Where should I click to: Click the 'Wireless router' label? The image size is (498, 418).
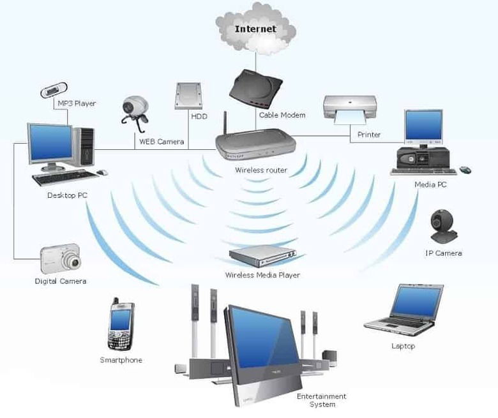tap(260, 170)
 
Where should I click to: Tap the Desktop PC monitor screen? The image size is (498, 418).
tap(50, 143)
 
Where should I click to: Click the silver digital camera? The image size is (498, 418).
tap(60, 258)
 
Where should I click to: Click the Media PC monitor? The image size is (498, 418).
tap(423, 126)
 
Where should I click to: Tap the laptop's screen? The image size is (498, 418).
tap(416, 302)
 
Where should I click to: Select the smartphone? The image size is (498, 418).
tap(120, 325)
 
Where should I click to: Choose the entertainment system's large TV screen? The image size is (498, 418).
tap(262, 341)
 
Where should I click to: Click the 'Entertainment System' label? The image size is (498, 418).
tap(321, 400)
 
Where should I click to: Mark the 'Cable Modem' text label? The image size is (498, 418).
tap(282, 116)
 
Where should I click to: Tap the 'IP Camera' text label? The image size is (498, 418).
tap(443, 253)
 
